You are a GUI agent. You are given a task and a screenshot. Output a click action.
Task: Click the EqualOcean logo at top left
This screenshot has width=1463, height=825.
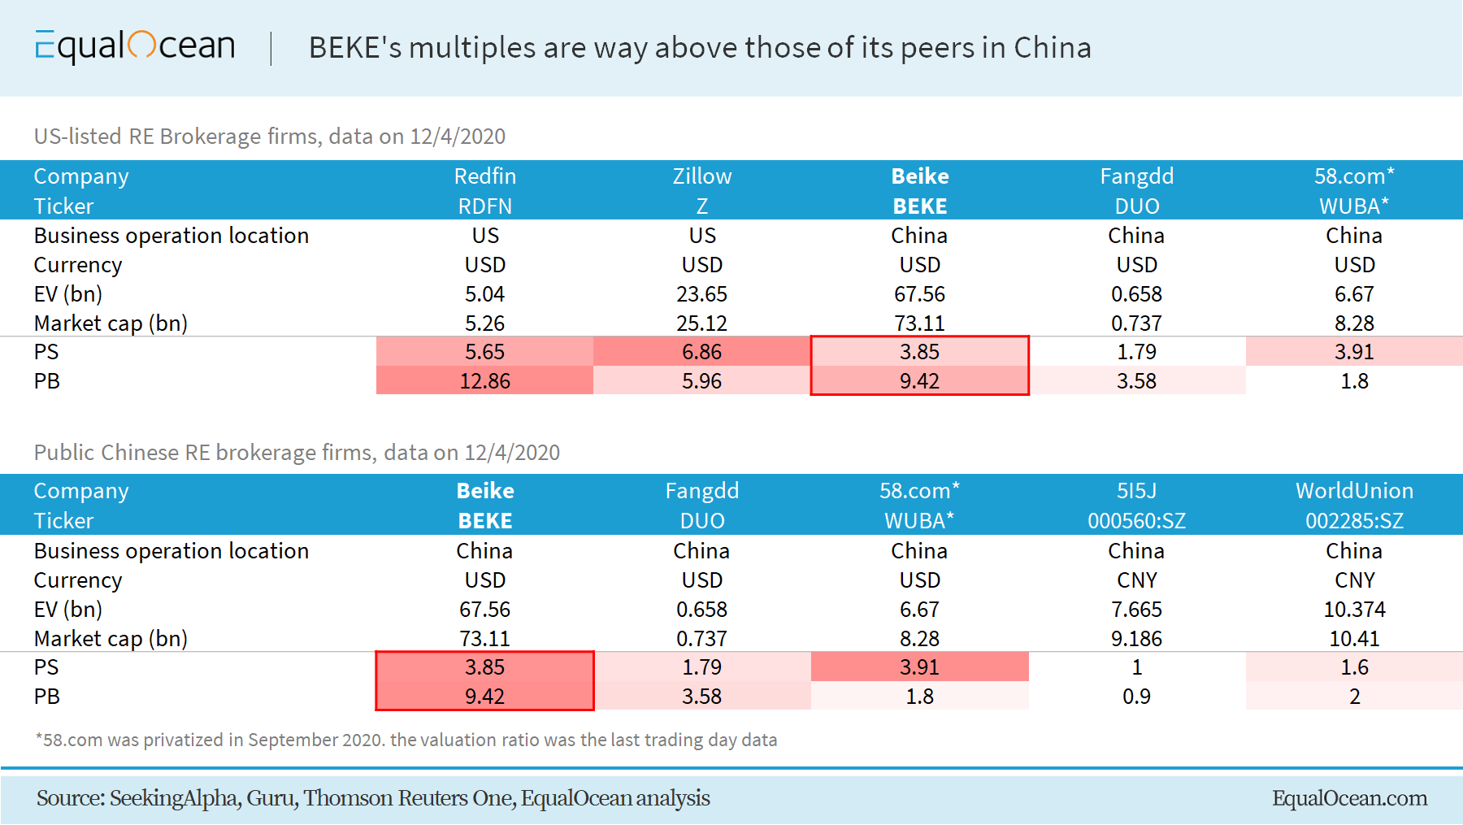click(135, 46)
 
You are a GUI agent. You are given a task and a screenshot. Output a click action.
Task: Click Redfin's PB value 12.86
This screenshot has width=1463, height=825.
click(485, 381)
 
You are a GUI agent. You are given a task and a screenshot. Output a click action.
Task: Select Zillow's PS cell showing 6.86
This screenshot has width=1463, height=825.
click(702, 352)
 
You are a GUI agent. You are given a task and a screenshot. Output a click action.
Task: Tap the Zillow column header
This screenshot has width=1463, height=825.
click(702, 176)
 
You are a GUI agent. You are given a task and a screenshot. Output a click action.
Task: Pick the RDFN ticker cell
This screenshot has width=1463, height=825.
click(485, 206)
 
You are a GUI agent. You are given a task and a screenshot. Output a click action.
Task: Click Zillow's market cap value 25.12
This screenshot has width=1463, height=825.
click(702, 323)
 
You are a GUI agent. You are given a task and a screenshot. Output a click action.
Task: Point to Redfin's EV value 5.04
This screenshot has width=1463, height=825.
click(485, 294)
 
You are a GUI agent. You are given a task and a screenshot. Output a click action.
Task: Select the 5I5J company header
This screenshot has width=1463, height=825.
click(1136, 491)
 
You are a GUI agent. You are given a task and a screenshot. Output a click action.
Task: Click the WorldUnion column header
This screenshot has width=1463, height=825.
click(1354, 491)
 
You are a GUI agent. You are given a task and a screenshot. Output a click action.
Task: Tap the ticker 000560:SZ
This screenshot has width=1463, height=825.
click(1136, 521)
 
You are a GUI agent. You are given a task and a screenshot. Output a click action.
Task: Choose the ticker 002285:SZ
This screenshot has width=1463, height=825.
click(1354, 521)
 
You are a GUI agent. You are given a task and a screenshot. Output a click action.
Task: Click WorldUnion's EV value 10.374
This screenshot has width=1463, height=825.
click(1354, 610)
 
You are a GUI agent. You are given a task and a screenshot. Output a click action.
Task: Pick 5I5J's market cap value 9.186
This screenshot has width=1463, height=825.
click(1136, 639)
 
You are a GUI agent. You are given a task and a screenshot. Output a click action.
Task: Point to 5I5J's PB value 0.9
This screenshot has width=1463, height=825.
click(1136, 697)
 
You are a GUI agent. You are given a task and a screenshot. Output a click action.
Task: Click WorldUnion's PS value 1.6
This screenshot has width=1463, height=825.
click(1354, 667)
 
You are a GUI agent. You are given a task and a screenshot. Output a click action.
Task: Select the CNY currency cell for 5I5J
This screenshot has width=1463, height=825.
click(1136, 580)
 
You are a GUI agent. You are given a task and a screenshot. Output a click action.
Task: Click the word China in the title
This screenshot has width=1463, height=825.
click(1053, 48)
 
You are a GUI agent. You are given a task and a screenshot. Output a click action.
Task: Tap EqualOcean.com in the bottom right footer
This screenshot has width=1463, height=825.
click(1349, 798)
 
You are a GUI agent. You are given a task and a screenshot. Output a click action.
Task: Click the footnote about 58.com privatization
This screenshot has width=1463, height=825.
click(406, 740)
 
